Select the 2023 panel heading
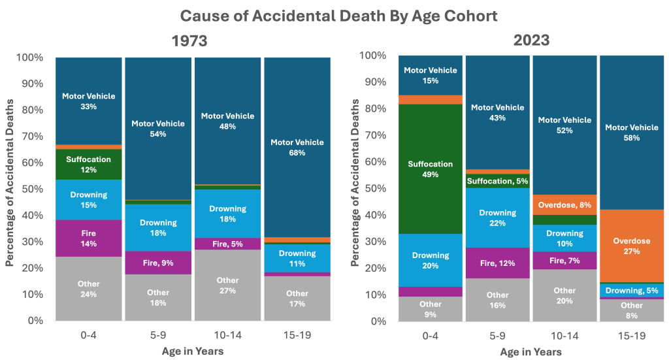[530, 40]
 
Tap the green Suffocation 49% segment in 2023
[431, 169]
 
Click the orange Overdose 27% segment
[632, 246]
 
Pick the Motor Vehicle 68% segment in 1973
[297, 147]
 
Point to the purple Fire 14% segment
[89, 238]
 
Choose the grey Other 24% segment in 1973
[89, 289]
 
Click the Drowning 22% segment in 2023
[498, 218]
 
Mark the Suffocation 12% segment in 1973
[89, 165]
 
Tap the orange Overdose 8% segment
[564, 205]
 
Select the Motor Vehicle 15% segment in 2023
[431, 75]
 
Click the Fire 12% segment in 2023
[498, 263]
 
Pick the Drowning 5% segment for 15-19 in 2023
[632, 291]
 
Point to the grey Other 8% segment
[632, 310]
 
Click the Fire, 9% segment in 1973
[158, 263]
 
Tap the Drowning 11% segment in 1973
[297, 258]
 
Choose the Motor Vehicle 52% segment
[564, 125]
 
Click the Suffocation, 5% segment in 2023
[498, 181]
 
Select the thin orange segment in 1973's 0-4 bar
[89, 147]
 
